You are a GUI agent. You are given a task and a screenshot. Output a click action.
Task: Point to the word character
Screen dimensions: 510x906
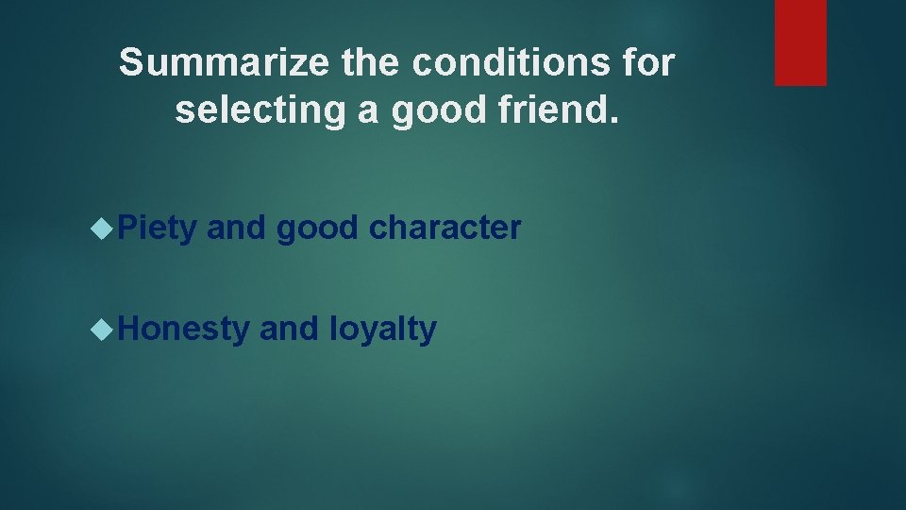tap(445, 228)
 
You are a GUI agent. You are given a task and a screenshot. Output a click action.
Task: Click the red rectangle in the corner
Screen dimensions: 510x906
tap(800, 42)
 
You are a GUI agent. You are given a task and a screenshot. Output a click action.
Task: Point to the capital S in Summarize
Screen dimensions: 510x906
tap(131, 63)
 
